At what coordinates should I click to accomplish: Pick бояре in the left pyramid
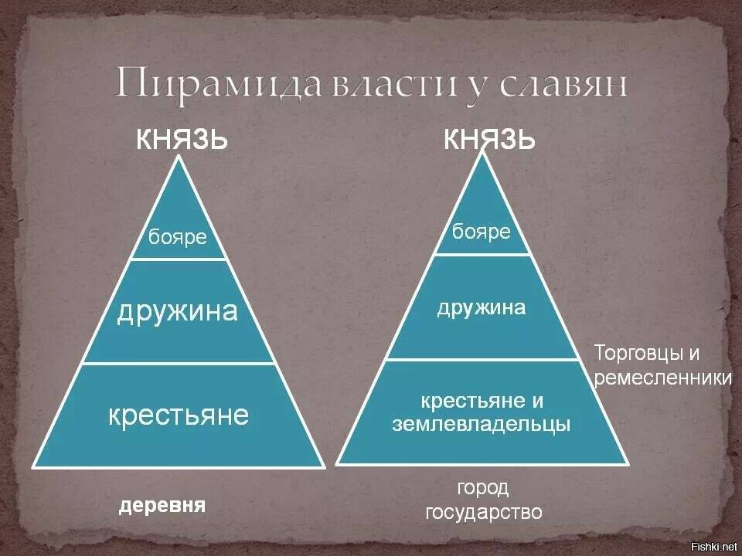(x=178, y=237)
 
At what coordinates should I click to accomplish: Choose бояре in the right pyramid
(x=482, y=232)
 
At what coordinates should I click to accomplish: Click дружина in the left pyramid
(x=178, y=312)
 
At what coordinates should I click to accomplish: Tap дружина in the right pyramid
(x=482, y=308)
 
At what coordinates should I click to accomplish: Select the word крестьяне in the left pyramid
(x=179, y=415)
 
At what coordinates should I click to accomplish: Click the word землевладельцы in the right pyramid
(x=482, y=424)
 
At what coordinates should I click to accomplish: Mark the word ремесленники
(x=663, y=378)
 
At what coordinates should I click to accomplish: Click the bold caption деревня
(x=162, y=505)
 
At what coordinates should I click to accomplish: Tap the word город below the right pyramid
(x=482, y=488)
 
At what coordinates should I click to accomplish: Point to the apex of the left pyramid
(x=179, y=156)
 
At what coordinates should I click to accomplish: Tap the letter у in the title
(x=478, y=88)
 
